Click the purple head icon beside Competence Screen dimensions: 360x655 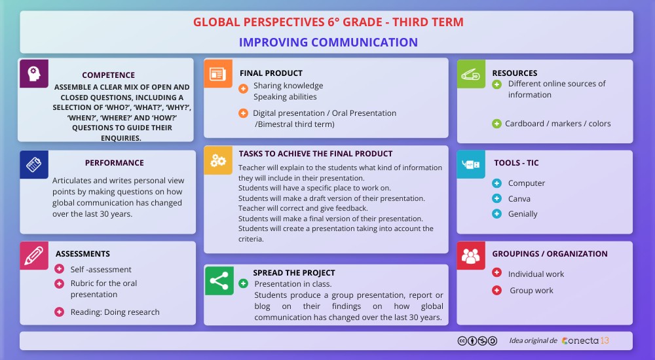pyautogui.click(x=33, y=73)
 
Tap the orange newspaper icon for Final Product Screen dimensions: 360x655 pyautogui.click(x=218, y=73)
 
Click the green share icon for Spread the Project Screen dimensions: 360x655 pyautogui.click(x=218, y=279)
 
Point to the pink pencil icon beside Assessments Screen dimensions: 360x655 pyautogui.click(x=34, y=255)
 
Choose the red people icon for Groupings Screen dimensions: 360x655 pyautogui.click(x=471, y=255)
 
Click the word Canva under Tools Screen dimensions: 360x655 pyautogui.click(x=519, y=198)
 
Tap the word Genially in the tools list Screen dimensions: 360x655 pyautogui.click(x=523, y=214)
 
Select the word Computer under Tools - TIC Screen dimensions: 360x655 pyautogui.click(x=527, y=183)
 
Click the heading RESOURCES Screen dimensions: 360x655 pyautogui.click(x=515, y=73)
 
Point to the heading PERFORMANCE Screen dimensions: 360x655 pyautogui.click(x=114, y=163)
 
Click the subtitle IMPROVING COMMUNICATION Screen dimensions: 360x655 pyautogui.click(x=328, y=43)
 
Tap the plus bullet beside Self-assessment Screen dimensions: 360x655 pyautogui.click(x=60, y=269)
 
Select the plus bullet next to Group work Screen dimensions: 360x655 pyautogui.click(x=496, y=290)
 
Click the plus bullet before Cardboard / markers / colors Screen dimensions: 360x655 pyautogui.click(x=496, y=123)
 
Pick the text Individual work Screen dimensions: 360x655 pyautogui.click(x=536, y=274)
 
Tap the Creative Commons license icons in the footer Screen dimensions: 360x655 pyautogui.click(x=477, y=341)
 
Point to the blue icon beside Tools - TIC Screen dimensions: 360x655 pyautogui.click(x=471, y=164)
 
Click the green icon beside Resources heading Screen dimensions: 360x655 pyautogui.click(x=471, y=73)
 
